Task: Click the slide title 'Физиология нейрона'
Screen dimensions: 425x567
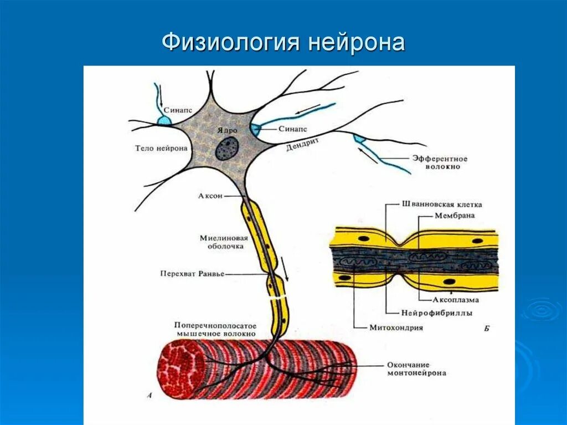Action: tap(283, 42)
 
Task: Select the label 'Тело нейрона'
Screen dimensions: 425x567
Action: tap(161, 148)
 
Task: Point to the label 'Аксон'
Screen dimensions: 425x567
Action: tap(210, 196)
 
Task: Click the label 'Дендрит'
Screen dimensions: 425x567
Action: tap(303, 145)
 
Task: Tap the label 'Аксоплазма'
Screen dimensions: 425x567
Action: tap(456, 299)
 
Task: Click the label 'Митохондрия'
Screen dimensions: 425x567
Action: tap(396, 327)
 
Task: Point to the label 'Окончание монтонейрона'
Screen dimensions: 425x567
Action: tap(417, 369)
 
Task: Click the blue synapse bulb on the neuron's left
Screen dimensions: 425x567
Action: tap(164, 120)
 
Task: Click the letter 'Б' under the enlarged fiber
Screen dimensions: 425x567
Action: tap(486, 328)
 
